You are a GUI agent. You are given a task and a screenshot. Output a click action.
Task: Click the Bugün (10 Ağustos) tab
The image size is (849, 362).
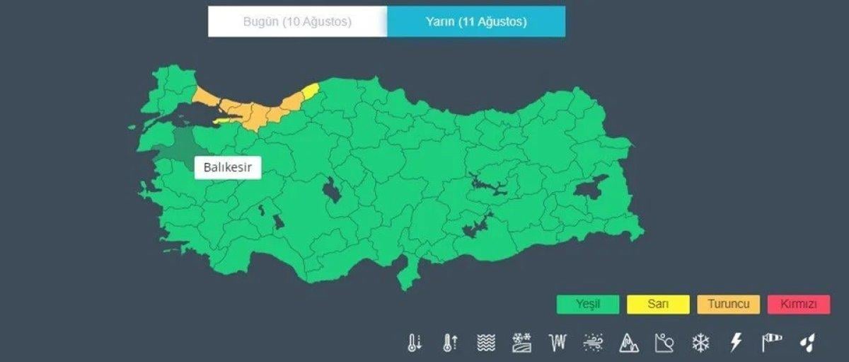(x=297, y=22)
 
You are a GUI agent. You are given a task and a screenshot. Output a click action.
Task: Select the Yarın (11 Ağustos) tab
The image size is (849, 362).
(x=476, y=22)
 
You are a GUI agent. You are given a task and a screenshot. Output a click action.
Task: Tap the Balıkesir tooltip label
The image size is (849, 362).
(x=228, y=168)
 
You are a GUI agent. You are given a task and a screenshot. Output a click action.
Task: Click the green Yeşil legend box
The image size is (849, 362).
(x=587, y=305)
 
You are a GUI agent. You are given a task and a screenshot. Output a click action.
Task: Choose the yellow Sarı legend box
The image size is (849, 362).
(x=658, y=305)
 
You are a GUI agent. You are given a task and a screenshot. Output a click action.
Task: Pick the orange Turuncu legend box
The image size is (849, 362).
(x=728, y=305)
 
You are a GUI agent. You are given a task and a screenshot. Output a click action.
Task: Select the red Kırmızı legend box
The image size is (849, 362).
(x=799, y=305)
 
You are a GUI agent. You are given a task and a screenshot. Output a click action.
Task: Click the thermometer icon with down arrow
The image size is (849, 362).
(x=414, y=344)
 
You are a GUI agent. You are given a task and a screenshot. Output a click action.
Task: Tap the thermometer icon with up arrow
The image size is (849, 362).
(x=450, y=344)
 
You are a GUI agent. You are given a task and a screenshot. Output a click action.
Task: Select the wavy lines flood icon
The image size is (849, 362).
(x=486, y=344)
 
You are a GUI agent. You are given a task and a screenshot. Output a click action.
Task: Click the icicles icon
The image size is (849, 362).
(x=558, y=344)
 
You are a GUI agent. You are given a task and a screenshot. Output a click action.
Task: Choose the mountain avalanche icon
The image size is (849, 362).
(x=628, y=344)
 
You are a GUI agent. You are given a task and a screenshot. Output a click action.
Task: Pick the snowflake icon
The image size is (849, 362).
(x=700, y=344)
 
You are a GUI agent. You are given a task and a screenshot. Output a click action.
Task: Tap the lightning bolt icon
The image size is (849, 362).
(x=736, y=344)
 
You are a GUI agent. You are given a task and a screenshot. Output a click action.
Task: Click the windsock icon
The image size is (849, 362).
(x=771, y=344)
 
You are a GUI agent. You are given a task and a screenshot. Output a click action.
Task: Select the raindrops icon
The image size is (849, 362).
(x=807, y=344)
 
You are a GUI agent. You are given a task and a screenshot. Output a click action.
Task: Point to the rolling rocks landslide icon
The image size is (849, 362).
(x=664, y=344)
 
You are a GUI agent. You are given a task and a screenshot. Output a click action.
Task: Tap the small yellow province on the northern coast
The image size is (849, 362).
(x=311, y=91)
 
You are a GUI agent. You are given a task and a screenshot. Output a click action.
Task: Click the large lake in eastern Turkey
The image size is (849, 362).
(x=589, y=187)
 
